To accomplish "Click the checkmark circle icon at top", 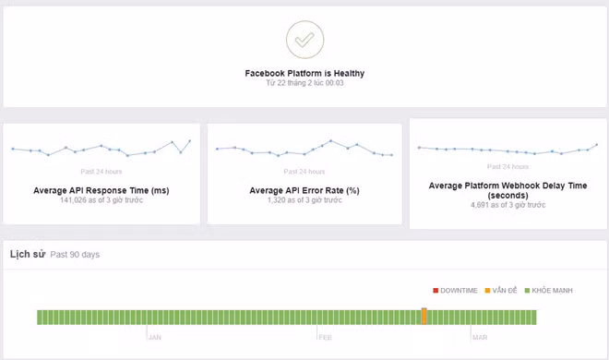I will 304,39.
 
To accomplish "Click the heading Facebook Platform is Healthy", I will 304,72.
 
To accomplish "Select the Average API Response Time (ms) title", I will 101,190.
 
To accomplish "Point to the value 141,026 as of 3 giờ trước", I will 101,200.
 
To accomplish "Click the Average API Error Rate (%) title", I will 304,190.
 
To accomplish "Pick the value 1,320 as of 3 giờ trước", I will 304,200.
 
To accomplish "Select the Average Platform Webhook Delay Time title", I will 507,190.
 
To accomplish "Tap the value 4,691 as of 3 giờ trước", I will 507,207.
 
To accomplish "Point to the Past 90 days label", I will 74,254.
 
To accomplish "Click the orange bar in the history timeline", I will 424,316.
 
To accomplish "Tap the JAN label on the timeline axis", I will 156,337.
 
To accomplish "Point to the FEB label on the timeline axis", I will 325,337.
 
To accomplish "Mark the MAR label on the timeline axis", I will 481,337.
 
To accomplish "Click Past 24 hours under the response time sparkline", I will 101,171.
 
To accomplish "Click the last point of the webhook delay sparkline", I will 597,144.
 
